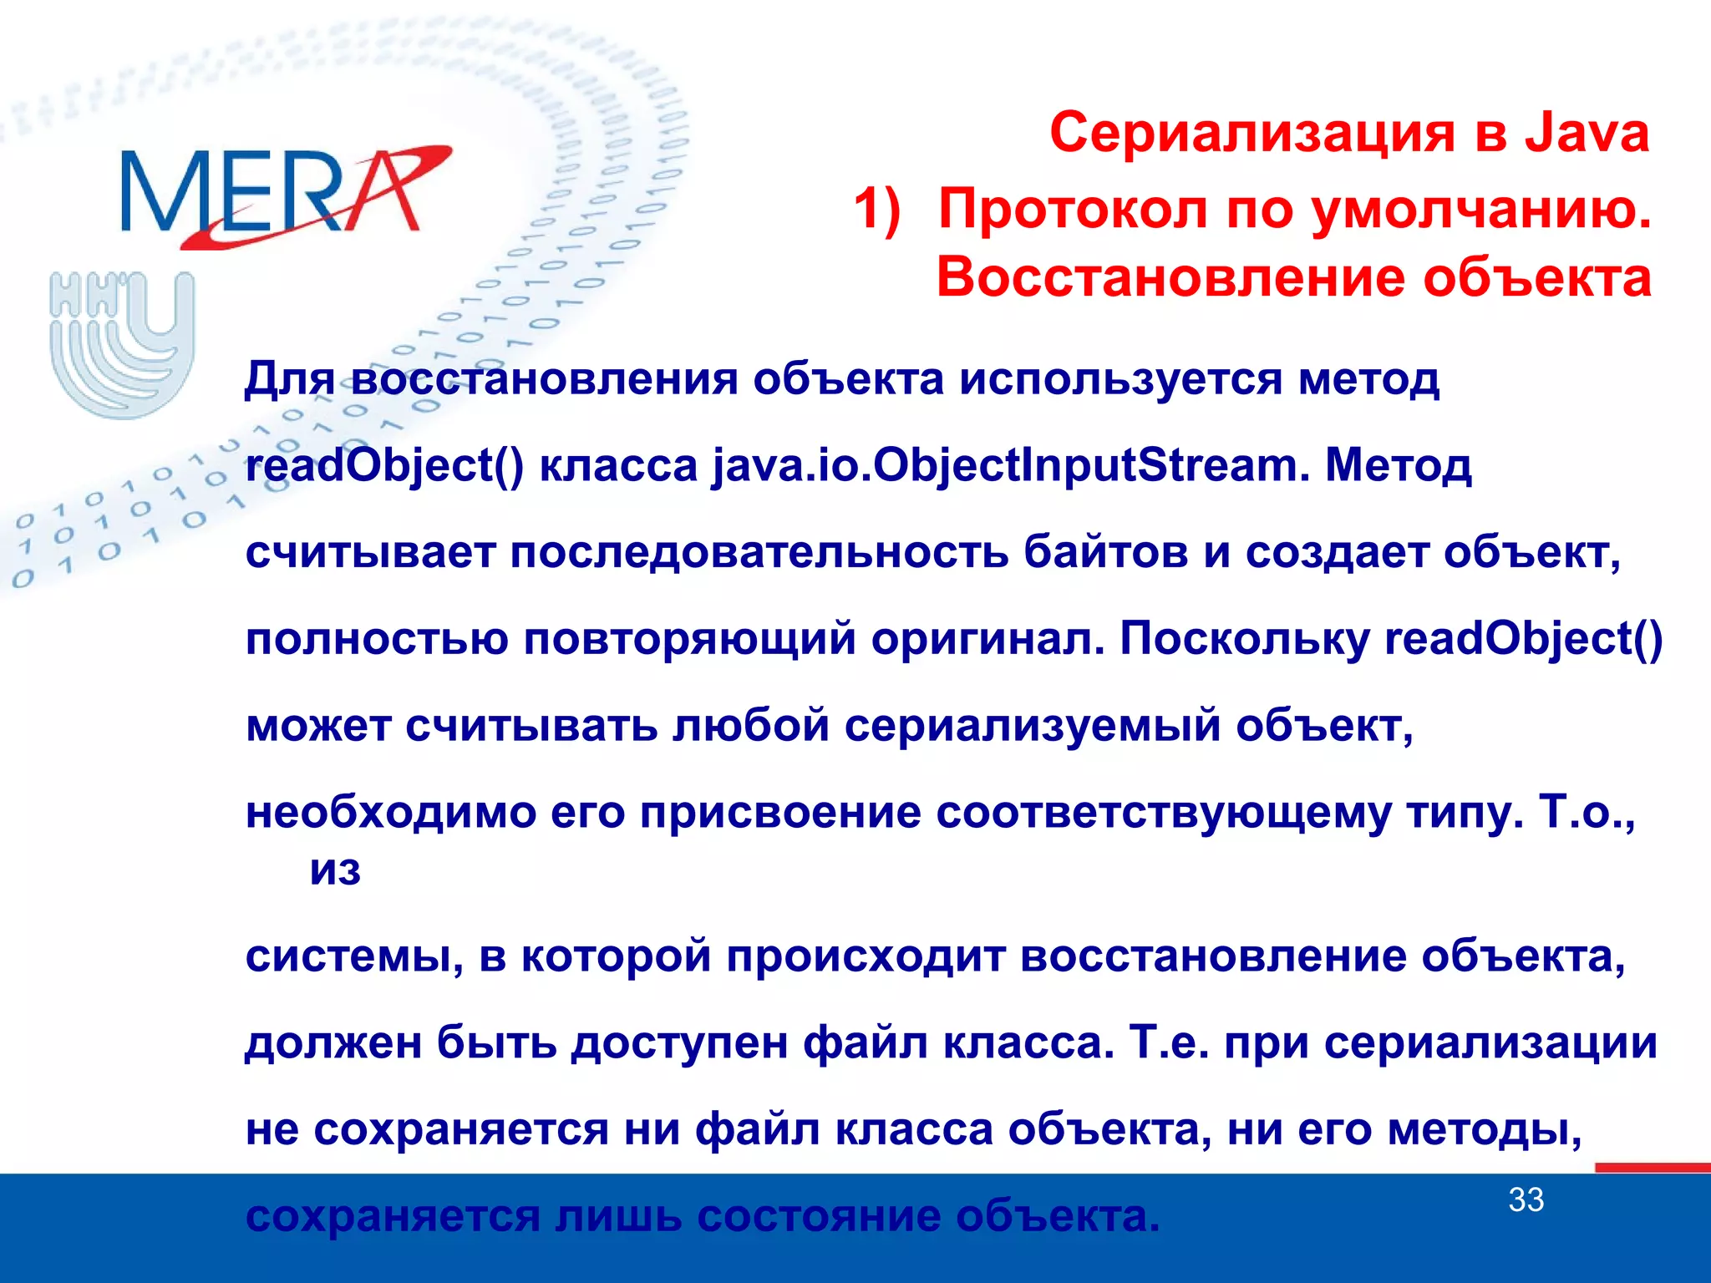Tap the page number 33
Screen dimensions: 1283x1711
pyautogui.click(x=1526, y=1200)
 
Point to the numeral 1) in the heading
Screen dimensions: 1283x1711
pyautogui.click(x=876, y=209)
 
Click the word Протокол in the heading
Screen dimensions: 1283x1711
pyautogui.click(x=1074, y=209)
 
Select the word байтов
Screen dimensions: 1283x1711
pyautogui.click(x=1105, y=553)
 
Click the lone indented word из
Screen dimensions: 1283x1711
pyautogui.click(x=335, y=871)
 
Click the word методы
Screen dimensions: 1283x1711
pyautogui.click(x=1484, y=1130)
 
